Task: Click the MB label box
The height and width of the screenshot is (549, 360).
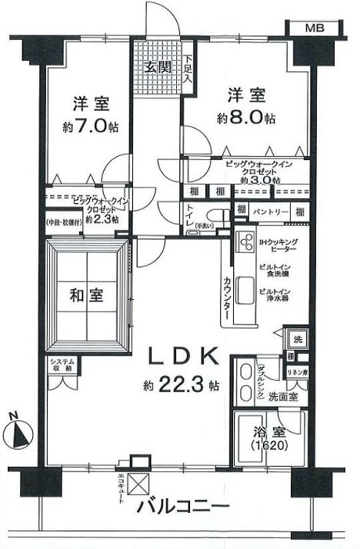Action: click(x=315, y=28)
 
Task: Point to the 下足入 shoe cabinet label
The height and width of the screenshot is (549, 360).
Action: click(x=188, y=68)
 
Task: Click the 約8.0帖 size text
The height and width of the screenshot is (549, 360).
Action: click(x=248, y=118)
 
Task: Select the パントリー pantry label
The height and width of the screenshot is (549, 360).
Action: click(x=270, y=211)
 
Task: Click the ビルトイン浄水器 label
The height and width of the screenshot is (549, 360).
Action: click(x=275, y=296)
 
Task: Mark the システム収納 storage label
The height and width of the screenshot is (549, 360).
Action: click(x=62, y=367)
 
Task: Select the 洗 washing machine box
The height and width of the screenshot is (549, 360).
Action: click(x=295, y=338)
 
